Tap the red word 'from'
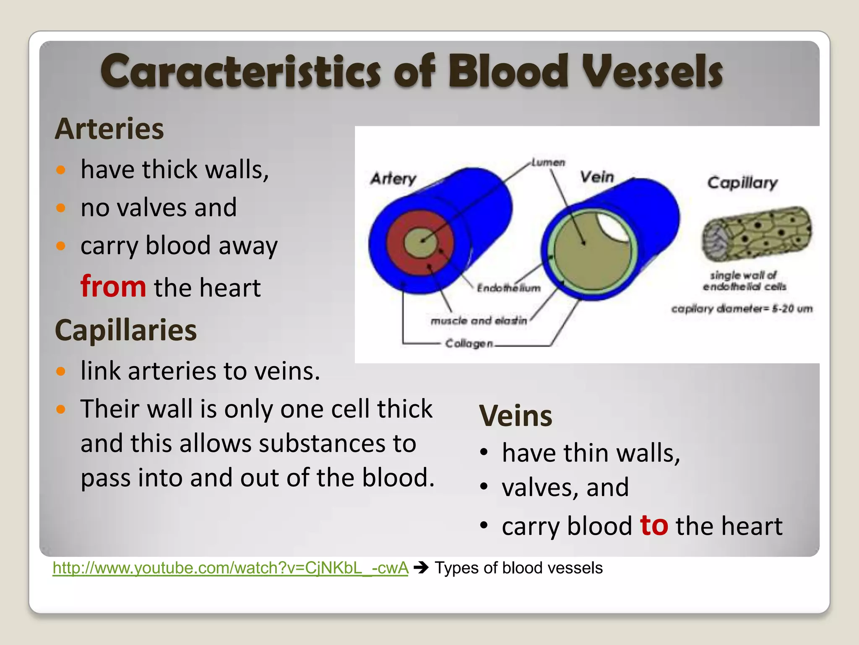tap(113, 286)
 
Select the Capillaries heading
tap(125, 330)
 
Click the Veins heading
tap(515, 416)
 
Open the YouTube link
tap(230, 568)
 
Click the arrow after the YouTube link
tap(421, 568)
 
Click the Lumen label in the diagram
tap(548, 163)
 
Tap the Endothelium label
tap(508, 288)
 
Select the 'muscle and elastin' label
tap(478, 321)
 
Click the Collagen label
tap(469, 343)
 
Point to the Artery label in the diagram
tap(393, 179)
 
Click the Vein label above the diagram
tap(596, 177)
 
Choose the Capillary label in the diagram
tap(742, 183)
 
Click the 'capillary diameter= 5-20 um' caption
tap(742, 309)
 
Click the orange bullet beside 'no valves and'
tap(61, 207)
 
